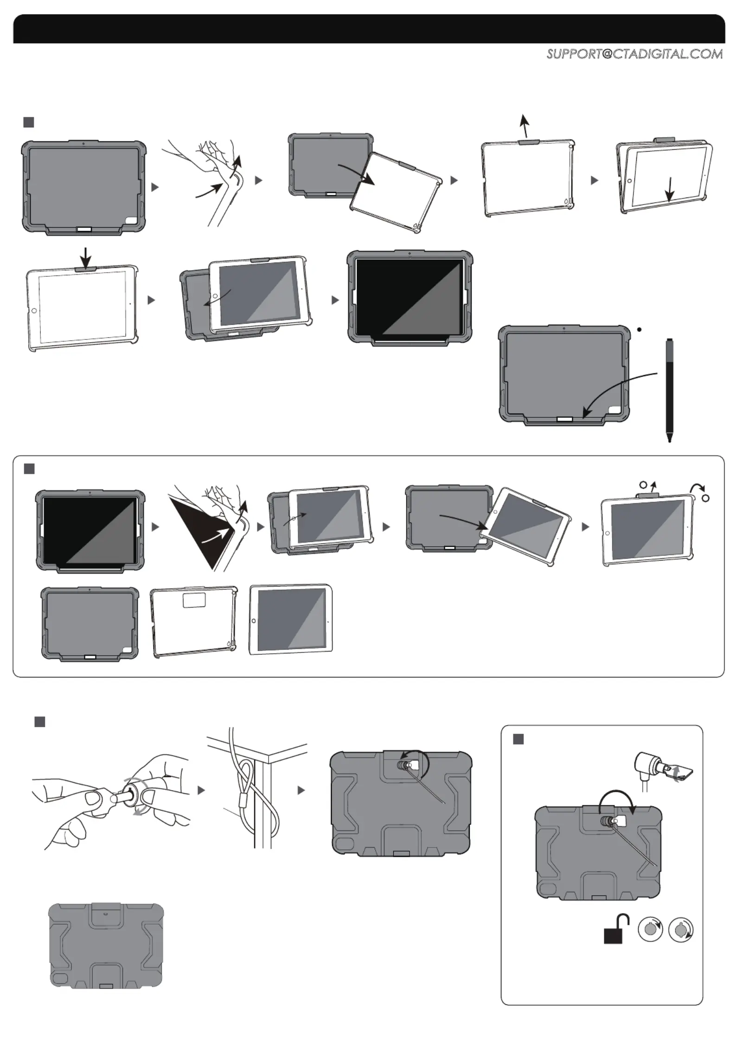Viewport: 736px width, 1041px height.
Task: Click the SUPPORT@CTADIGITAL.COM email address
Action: [634, 54]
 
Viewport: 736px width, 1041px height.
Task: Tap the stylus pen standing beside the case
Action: [669, 385]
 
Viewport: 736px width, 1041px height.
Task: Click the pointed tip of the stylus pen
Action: [669, 439]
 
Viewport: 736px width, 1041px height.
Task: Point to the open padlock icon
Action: [616, 930]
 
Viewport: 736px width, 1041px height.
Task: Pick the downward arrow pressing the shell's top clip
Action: [85, 256]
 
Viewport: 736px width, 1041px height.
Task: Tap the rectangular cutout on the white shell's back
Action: [194, 600]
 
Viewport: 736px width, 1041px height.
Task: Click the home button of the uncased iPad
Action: [254, 620]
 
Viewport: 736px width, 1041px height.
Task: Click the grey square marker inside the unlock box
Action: [518, 739]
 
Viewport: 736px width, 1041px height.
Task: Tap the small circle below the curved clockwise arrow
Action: [705, 498]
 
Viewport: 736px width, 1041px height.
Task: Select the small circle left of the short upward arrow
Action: [643, 485]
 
